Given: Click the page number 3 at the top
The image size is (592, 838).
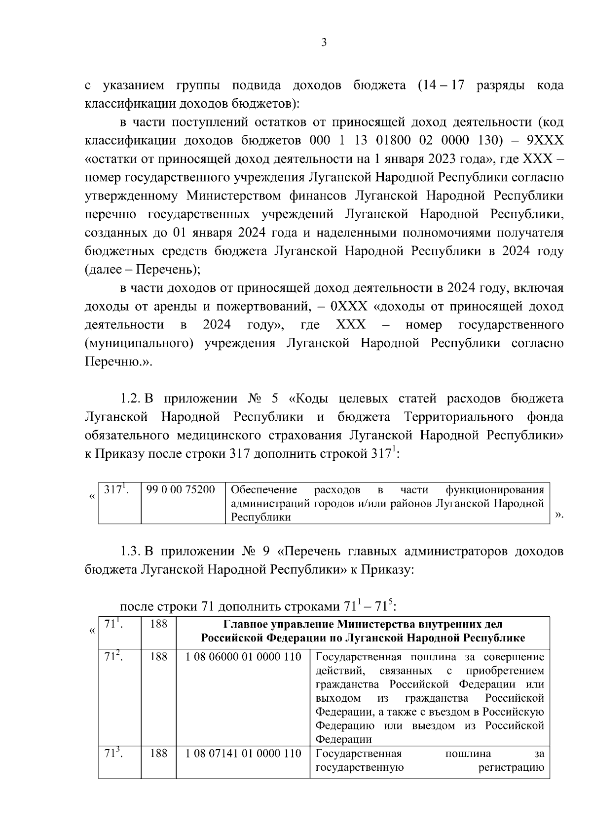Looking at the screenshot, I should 324,42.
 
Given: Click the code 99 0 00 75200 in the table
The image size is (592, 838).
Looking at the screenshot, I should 181,490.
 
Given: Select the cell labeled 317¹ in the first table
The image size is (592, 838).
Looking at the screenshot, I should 116,490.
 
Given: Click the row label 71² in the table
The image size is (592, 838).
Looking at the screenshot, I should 113,657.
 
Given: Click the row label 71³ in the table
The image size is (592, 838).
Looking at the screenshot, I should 113,754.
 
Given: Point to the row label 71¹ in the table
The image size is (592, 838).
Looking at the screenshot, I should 113,624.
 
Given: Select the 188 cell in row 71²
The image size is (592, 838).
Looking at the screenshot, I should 158,657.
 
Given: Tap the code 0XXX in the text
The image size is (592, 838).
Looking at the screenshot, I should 349,307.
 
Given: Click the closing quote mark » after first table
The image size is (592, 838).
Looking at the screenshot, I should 558,515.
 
